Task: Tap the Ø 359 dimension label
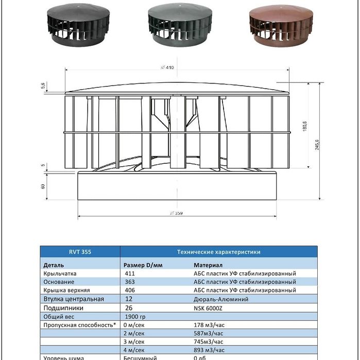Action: click(176, 213)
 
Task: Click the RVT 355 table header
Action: click(80, 252)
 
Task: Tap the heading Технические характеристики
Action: click(218, 252)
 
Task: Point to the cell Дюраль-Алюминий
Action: click(221, 299)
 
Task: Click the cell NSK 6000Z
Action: click(208, 308)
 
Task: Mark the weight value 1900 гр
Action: click(135, 316)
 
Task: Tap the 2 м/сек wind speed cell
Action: click(134, 333)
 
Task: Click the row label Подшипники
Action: click(63, 308)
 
